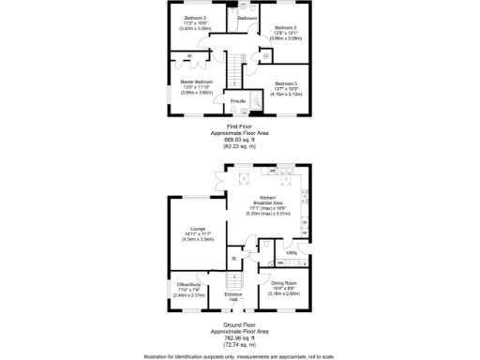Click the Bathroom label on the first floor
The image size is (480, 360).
(x=247, y=18)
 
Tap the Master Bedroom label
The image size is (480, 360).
(x=197, y=82)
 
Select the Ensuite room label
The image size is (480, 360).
(x=238, y=101)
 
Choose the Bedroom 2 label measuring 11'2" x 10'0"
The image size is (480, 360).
(x=195, y=18)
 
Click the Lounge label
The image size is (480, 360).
(x=197, y=228)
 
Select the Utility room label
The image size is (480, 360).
(x=292, y=252)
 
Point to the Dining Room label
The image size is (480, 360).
(x=283, y=283)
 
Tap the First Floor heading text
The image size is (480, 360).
(x=239, y=125)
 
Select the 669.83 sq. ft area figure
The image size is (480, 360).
(x=239, y=139)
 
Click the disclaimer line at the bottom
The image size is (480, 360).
(x=239, y=356)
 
